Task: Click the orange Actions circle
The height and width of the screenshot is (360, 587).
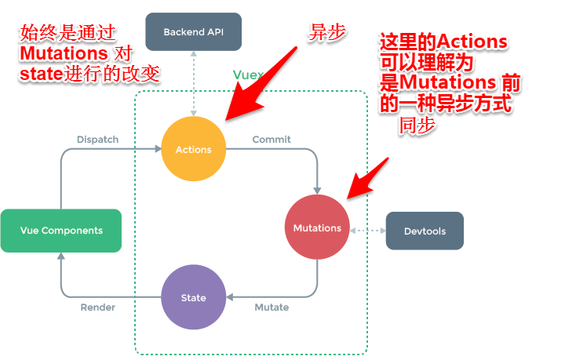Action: pyautogui.click(x=193, y=149)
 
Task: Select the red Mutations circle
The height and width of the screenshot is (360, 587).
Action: pyautogui.click(x=317, y=227)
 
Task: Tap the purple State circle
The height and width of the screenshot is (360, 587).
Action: pyautogui.click(x=193, y=297)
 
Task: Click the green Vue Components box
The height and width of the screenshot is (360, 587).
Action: pyautogui.click(x=61, y=231)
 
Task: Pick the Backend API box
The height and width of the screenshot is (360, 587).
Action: pyautogui.click(x=193, y=32)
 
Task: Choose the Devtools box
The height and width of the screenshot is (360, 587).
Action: pyautogui.click(x=425, y=231)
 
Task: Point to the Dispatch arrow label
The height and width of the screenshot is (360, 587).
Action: pyautogui.click(x=97, y=140)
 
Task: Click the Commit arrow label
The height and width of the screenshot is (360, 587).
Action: pyautogui.click(x=272, y=140)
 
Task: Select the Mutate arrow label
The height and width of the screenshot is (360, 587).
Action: pyautogui.click(x=272, y=307)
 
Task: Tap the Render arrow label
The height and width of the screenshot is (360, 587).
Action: pyautogui.click(x=98, y=307)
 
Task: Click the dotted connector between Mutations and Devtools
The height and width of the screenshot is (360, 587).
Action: pyautogui.click(x=367, y=231)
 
